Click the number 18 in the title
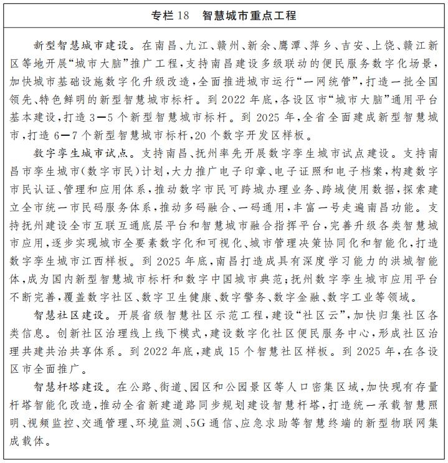pos(183,15)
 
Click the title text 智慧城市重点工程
pos(249,15)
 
